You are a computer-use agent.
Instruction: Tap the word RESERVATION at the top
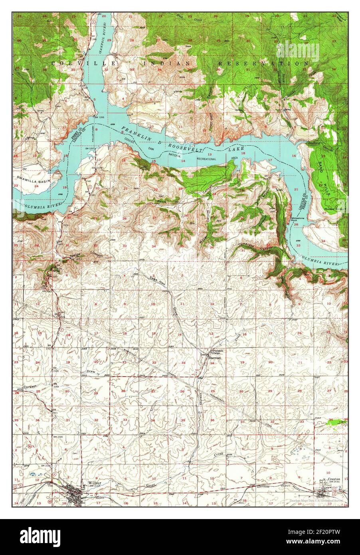[x=263, y=63]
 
